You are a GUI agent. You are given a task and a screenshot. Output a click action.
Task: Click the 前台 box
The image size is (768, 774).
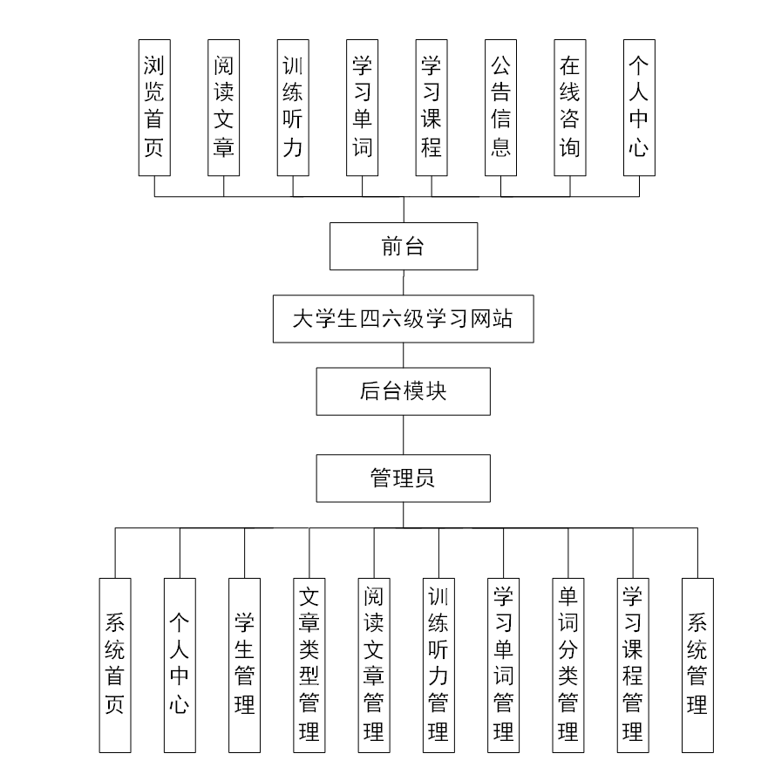tap(404, 247)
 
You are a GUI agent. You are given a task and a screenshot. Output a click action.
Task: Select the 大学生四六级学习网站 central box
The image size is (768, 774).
tap(403, 319)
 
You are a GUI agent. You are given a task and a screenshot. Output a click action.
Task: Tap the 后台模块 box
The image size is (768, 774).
tap(403, 391)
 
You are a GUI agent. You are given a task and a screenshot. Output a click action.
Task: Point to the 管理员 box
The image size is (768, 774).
tap(403, 478)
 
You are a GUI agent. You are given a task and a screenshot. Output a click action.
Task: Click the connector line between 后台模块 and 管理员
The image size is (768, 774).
tap(403, 434)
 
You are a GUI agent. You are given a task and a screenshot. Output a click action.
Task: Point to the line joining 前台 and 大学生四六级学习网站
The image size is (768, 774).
tap(403, 284)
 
